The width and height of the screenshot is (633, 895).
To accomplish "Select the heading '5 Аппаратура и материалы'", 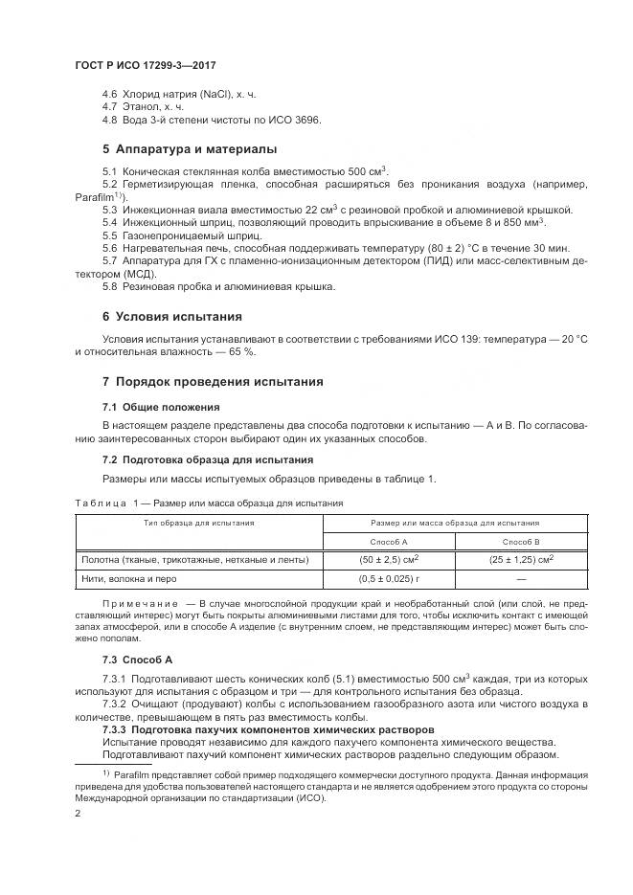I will point(190,149).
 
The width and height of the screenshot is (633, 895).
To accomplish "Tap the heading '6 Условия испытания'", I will point(172,316).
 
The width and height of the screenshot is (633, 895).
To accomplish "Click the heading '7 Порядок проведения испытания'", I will point(213,382).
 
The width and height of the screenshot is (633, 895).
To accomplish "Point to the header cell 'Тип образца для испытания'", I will point(198,523).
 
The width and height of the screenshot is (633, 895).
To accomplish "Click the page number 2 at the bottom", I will point(78,814).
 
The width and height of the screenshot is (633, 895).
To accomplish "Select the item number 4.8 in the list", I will point(110,120).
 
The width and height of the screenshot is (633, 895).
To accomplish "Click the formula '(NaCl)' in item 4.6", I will point(207,95).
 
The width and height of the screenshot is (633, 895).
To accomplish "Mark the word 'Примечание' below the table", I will point(138,605).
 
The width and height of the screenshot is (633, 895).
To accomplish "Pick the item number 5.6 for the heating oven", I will point(110,247).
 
